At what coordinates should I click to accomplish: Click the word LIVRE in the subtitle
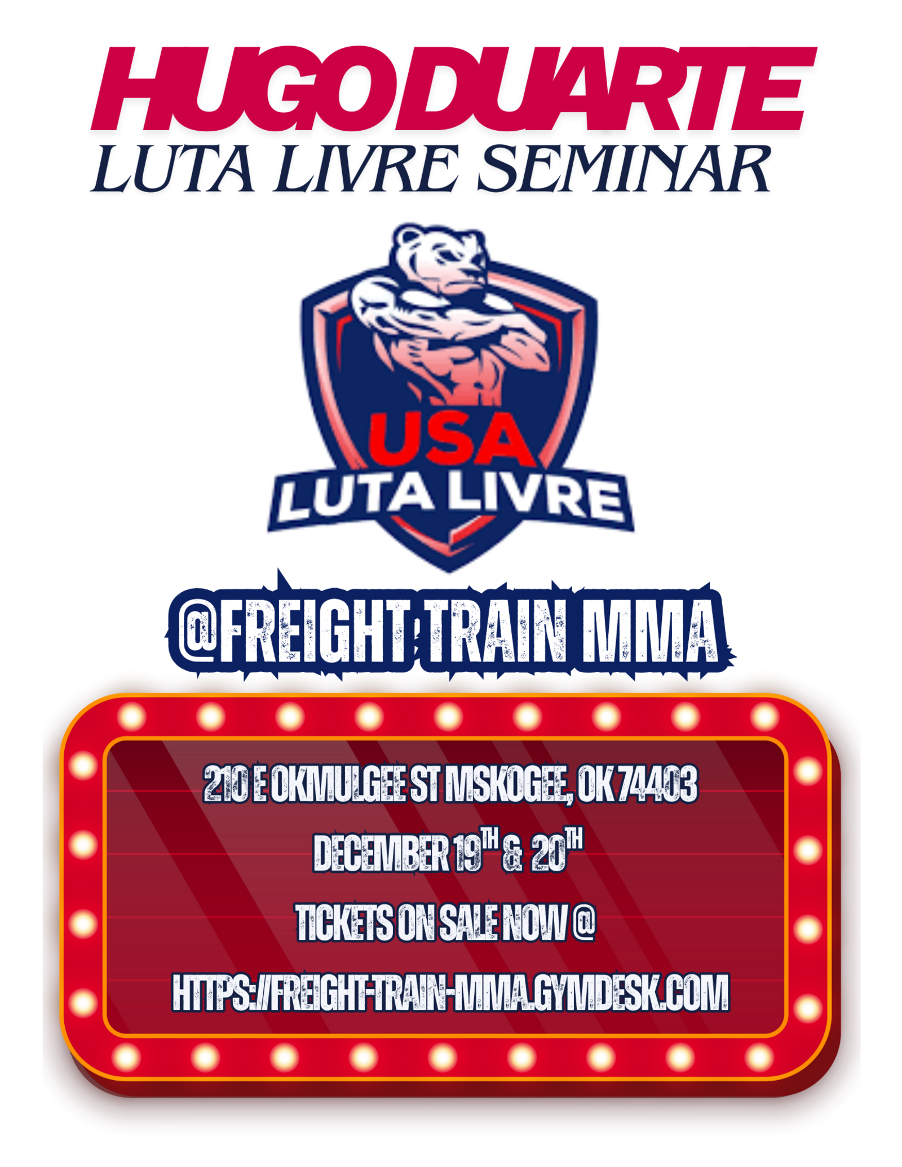click(x=367, y=168)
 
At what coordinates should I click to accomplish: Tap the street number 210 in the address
click(x=225, y=783)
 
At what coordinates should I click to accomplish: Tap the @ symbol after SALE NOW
click(x=583, y=921)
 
